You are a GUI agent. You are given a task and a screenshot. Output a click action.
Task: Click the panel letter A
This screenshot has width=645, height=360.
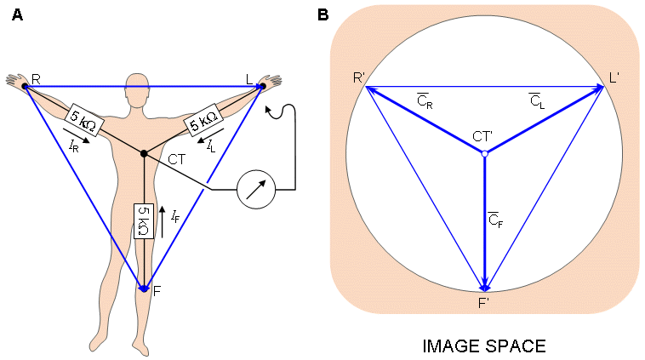click(x=17, y=14)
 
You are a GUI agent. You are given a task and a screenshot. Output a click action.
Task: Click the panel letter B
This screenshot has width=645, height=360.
click(x=323, y=14)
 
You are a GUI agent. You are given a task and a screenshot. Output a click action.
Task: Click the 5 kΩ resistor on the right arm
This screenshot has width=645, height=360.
click(x=84, y=123)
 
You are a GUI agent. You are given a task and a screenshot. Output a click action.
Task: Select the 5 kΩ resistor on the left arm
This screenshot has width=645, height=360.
click(x=203, y=123)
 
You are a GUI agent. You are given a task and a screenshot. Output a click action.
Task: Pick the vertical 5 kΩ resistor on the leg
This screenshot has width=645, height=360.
click(x=144, y=221)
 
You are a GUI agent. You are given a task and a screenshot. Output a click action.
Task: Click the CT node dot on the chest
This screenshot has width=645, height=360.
click(x=144, y=153)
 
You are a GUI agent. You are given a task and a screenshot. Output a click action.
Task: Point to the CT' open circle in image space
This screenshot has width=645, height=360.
click(x=484, y=154)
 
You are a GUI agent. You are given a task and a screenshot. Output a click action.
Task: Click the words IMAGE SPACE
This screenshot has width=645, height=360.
click(x=484, y=346)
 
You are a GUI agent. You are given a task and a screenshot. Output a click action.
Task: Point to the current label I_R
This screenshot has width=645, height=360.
click(x=76, y=145)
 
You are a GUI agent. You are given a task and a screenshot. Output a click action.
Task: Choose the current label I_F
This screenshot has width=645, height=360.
click(x=174, y=218)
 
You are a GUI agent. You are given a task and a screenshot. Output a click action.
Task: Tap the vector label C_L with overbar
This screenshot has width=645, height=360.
click(x=536, y=102)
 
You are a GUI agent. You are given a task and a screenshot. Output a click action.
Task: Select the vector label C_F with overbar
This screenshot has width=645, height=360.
click(x=496, y=220)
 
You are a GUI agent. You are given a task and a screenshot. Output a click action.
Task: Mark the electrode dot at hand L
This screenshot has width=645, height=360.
click(x=262, y=86)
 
